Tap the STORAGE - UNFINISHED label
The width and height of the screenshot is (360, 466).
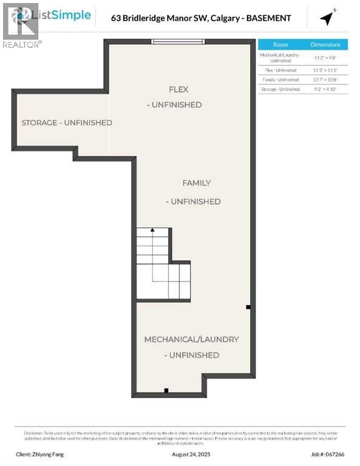tap(67, 123)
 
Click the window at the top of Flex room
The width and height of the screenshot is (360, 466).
tap(178, 41)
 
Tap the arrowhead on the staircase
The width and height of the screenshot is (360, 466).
tap(152, 231)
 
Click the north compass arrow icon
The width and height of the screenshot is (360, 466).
tap(328, 18)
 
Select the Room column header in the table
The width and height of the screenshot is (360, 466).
tap(280, 45)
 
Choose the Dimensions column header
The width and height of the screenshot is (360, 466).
tap(325, 45)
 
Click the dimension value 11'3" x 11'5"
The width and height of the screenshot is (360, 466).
tap(325, 70)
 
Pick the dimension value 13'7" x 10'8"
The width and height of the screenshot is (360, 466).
tap(325, 79)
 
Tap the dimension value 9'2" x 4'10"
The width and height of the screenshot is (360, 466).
tap(325, 89)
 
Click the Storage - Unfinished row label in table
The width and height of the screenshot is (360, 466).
tap(280, 89)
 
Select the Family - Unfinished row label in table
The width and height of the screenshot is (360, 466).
tap(280, 79)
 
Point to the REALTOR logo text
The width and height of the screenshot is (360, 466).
tap(22, 44)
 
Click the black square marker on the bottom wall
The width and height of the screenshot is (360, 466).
tap(166, 390)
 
